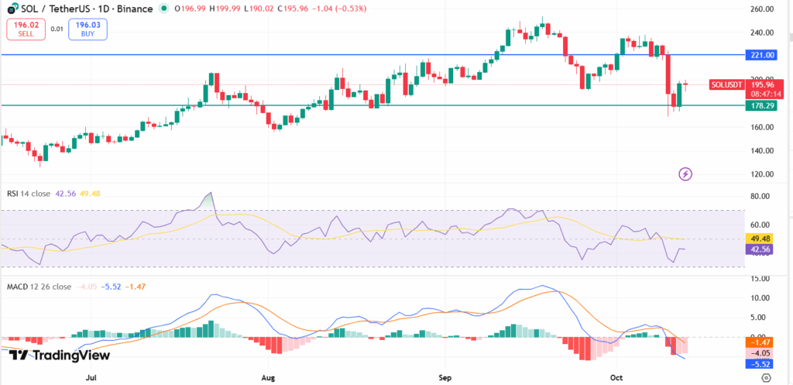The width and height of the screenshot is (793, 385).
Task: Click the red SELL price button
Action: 25,29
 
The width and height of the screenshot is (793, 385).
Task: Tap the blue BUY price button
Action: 88,29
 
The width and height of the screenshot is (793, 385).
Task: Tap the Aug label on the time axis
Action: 268,377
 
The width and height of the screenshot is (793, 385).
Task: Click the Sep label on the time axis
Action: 445,377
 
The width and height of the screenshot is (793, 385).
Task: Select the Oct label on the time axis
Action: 616,377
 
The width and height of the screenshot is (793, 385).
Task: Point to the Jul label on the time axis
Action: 91,377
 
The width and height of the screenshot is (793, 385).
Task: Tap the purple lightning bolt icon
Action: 685,174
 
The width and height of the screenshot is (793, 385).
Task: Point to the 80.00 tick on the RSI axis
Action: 762,197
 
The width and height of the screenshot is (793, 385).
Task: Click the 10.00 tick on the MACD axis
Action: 762,298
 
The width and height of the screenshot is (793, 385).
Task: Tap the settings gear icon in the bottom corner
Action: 766,377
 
